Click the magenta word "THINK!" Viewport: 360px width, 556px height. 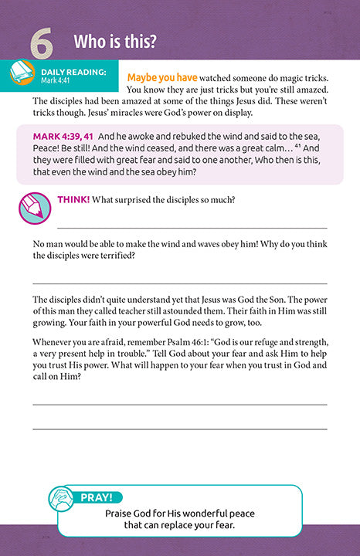[73, 201]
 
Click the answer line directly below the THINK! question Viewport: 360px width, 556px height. [192, 228]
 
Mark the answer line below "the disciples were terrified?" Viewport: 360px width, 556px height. [180, 283]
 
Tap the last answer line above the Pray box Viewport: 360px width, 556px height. [180, 429]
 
